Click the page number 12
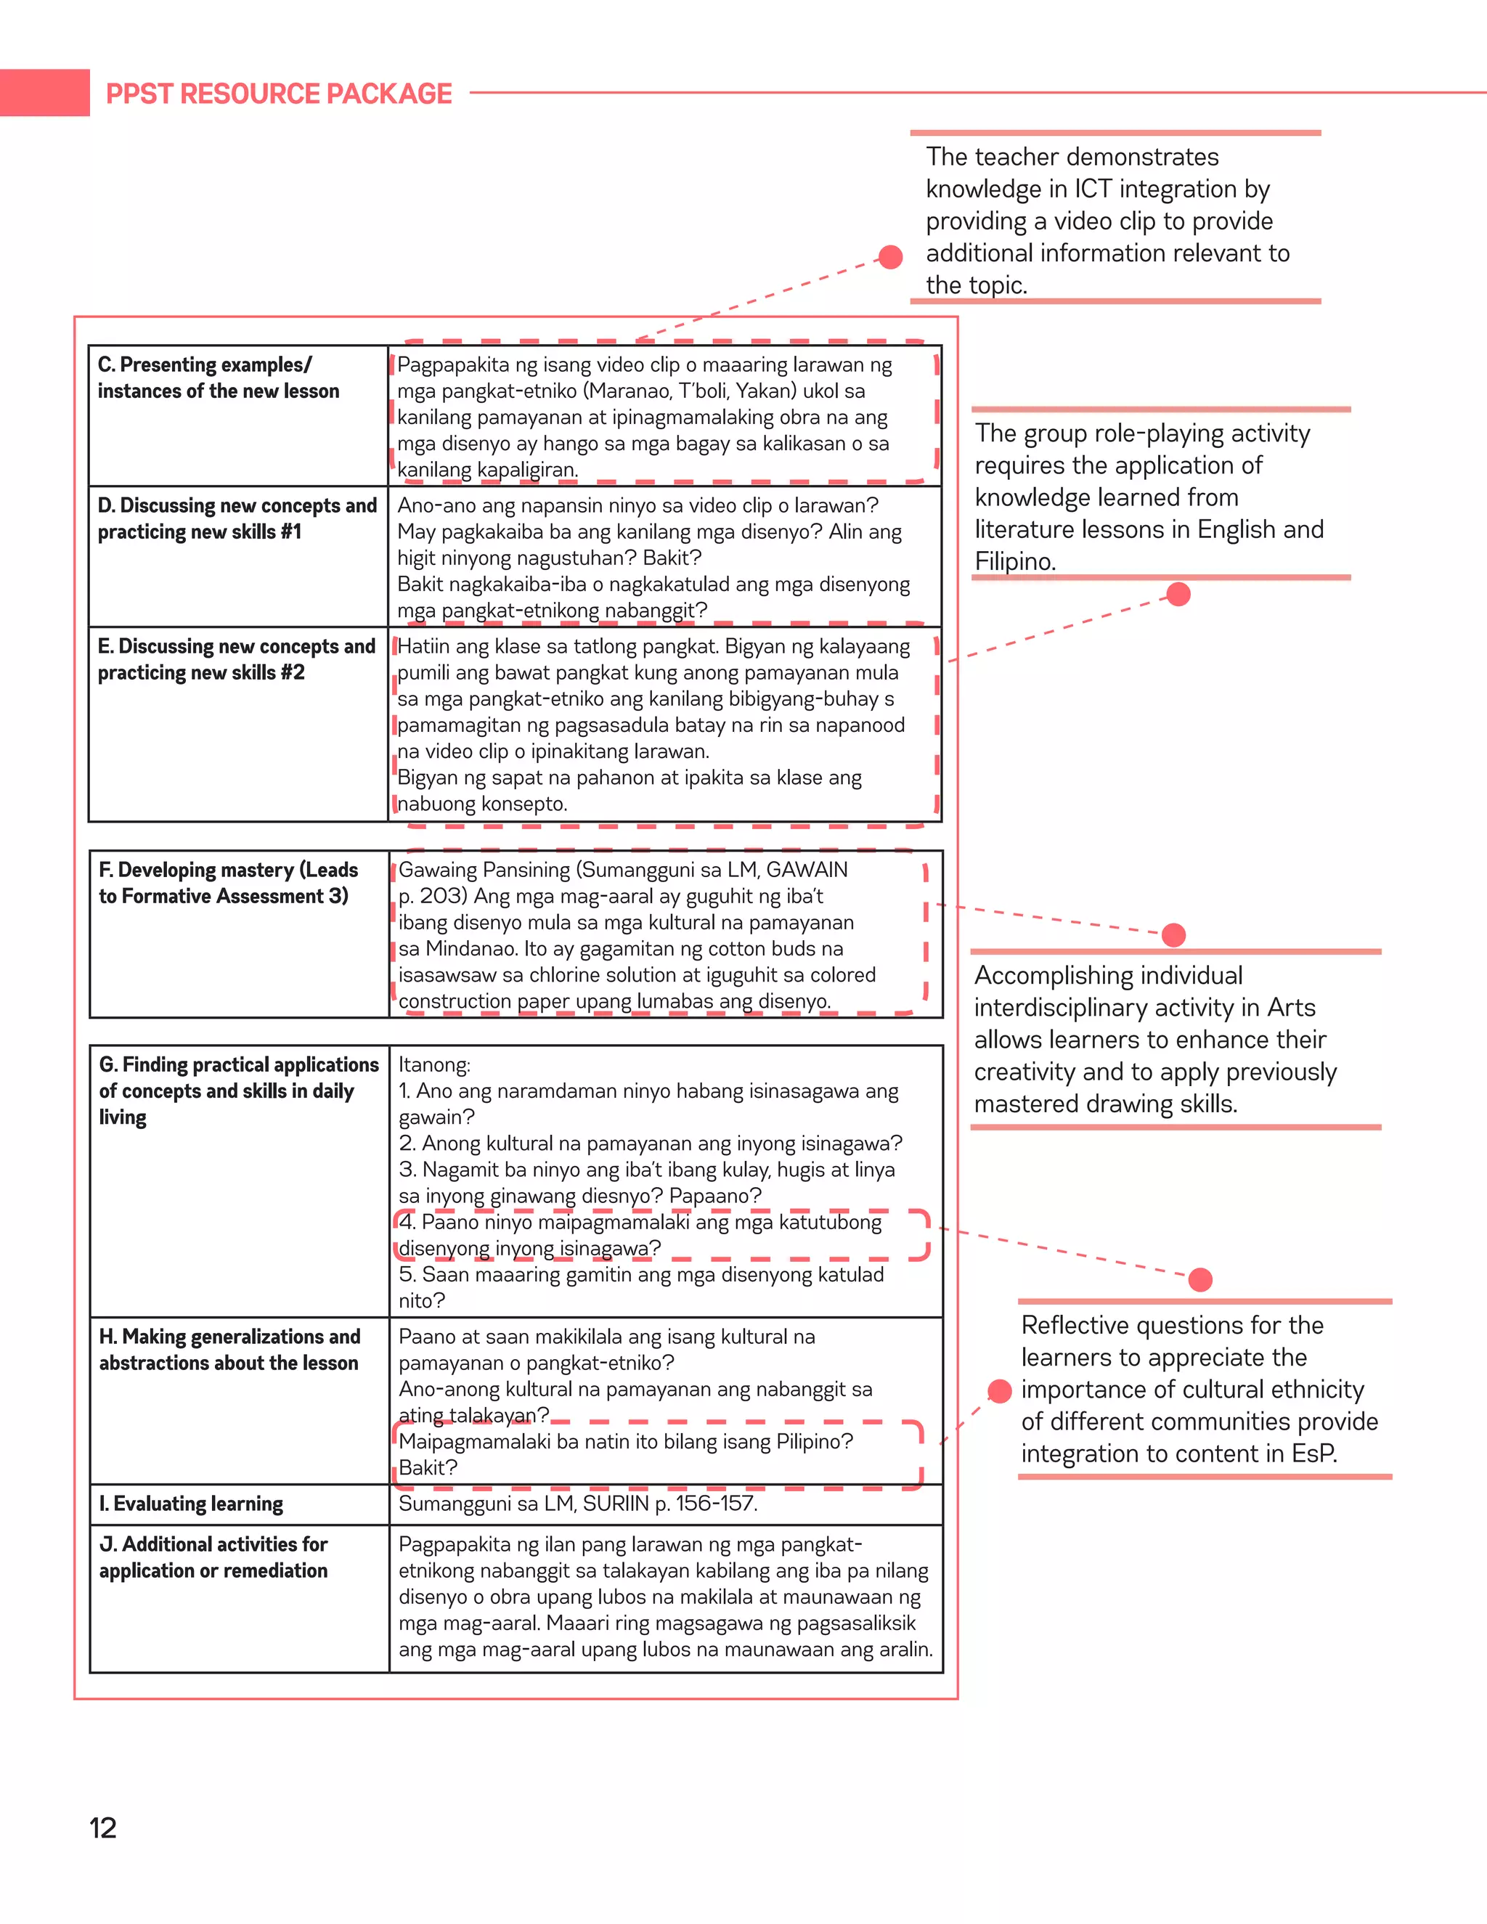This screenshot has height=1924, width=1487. [x=103, y=1828]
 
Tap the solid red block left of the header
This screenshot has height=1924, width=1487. [x=44, y=92]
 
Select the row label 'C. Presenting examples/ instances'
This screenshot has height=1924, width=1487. [x=218, y=378]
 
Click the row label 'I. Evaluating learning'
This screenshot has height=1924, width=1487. [x=191, y=1504]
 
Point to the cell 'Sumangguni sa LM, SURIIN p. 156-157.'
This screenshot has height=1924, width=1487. [x=578, y=1504]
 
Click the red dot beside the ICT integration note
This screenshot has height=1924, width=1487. [x=891, y=256]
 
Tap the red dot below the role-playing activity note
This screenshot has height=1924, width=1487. [x=1178, y=595]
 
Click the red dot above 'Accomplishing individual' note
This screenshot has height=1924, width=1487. [x=1173, y=934]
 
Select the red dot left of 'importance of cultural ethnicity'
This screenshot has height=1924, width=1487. [x=1000, y=1391]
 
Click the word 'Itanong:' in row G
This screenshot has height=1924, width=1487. [x=434, y=1065]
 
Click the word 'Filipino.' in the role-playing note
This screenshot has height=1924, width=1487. [x=1015, y=562]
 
